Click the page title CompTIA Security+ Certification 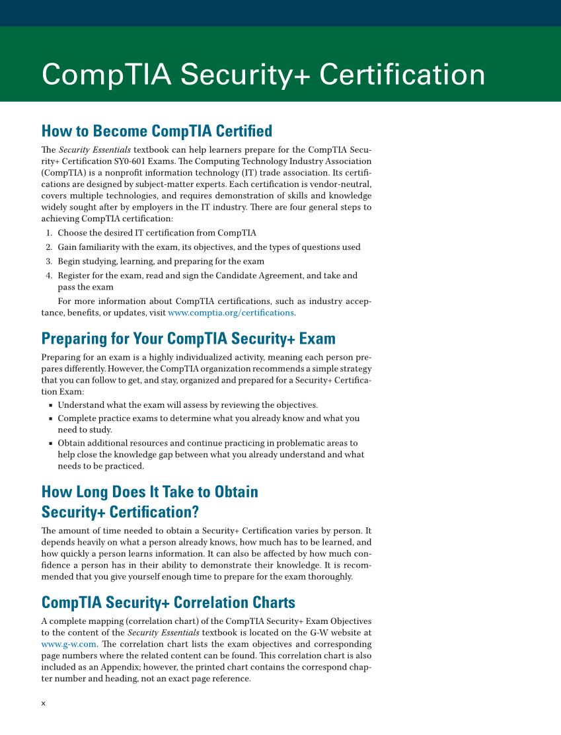click(x=263, y=75)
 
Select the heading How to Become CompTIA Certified click(x=157, y=130)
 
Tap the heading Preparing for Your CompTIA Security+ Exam click(x=188, y=339)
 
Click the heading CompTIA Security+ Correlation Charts click(x=168, y=603)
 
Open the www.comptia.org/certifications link click(x=231, y=313)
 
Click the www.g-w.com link click(x=69, y=644)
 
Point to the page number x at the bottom click(x=44, y=703)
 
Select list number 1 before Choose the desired click(x=49, y=233)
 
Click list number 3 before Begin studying click(x=49, y=261)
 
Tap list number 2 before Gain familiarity click(x=49, y=247)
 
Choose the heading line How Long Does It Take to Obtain click(x=149, y=492)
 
